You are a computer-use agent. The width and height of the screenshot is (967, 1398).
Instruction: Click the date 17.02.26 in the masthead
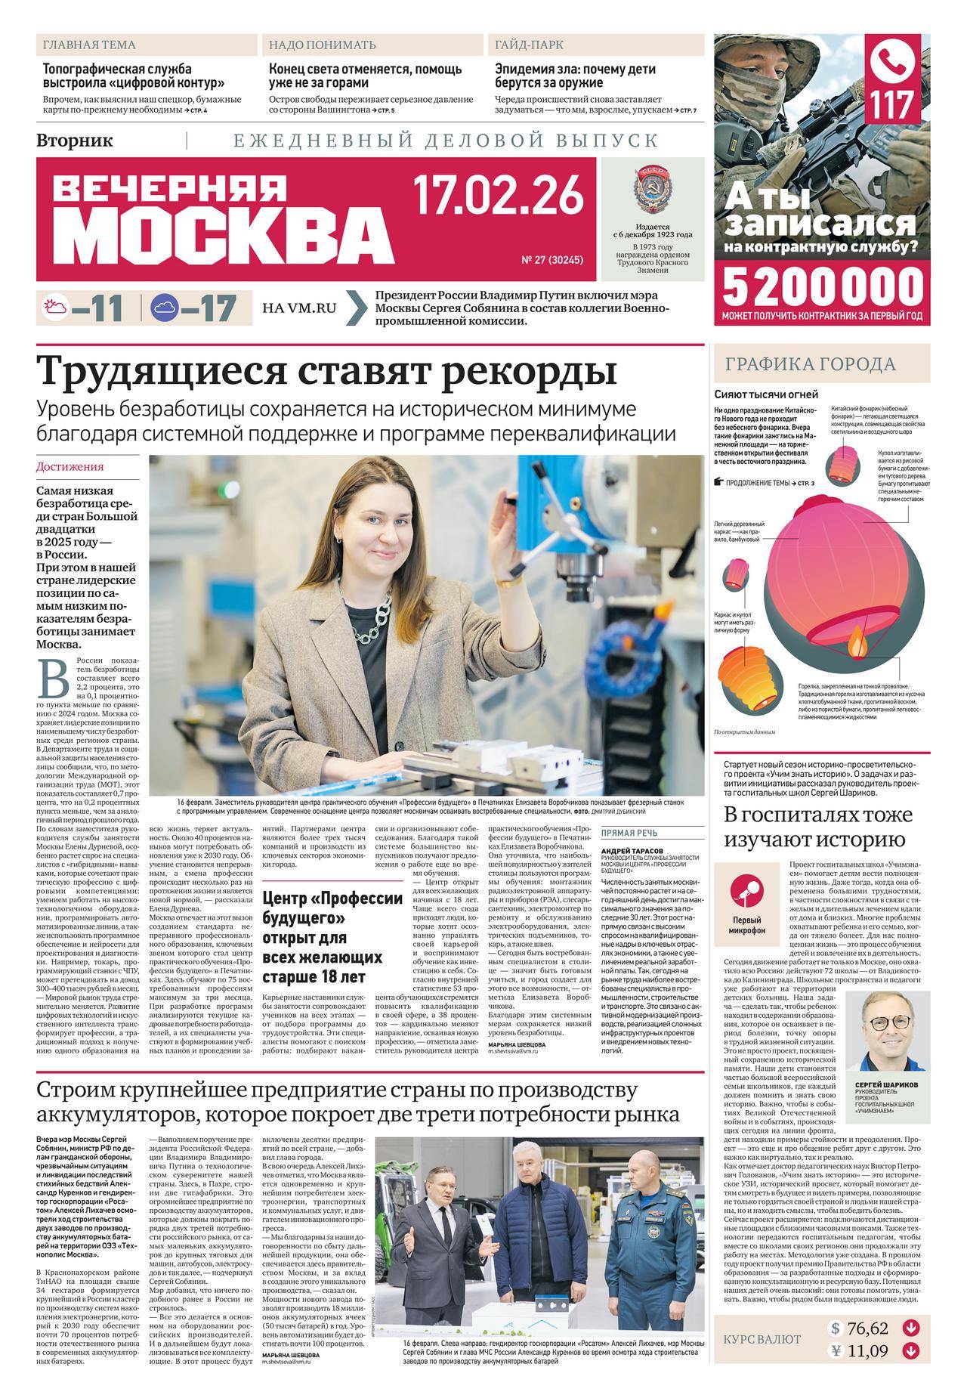pos(499,196)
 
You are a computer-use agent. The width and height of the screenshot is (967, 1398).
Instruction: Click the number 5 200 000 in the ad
pos(823,286)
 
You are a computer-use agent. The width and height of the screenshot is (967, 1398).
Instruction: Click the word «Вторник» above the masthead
pos(74,140)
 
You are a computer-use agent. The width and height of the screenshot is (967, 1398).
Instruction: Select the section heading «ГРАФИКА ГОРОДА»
pos(811,365)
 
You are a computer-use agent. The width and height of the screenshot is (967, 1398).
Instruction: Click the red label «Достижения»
pos(70,467)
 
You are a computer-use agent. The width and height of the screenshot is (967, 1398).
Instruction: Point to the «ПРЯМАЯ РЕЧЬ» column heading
pos(629,834)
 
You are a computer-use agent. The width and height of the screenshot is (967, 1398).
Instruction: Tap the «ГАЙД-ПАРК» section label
pos(529,45)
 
